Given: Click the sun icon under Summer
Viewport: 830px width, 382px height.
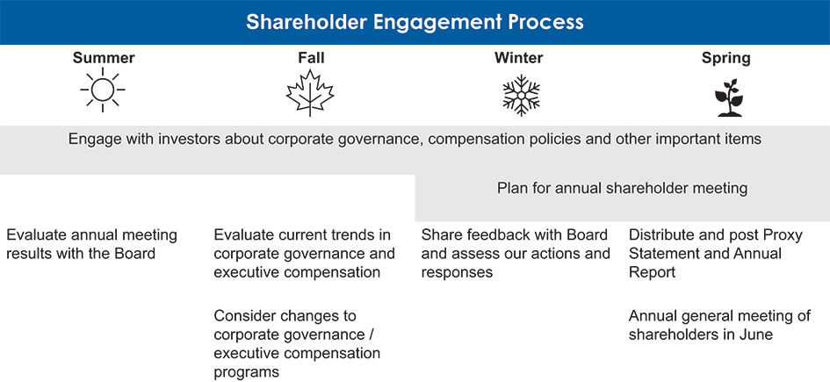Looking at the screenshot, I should click(x=103, y=92).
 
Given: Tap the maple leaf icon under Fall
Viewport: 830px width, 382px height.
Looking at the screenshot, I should click(x=311, y=93).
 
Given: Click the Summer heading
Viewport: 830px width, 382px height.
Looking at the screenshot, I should click(x=103, y=58).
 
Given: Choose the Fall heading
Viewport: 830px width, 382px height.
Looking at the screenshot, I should click(x=311, y=58).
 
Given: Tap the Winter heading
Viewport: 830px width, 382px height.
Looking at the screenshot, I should click(x=518, y=58).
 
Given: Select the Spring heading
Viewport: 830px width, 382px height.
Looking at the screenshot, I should click(x=725, y=58).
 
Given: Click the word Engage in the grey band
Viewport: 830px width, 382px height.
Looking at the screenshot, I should click(x=93, y=139).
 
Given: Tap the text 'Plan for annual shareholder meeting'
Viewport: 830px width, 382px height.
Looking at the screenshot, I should click(x=622, y=188).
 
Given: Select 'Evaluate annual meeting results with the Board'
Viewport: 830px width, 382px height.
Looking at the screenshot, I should click(x=91, y=244).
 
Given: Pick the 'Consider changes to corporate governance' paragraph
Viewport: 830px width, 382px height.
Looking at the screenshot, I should click(x=297, y=343).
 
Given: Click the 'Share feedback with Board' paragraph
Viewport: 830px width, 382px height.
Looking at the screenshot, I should click(x=515, y=253).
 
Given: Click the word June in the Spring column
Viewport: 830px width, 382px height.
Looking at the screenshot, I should click(x=754, y=335).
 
